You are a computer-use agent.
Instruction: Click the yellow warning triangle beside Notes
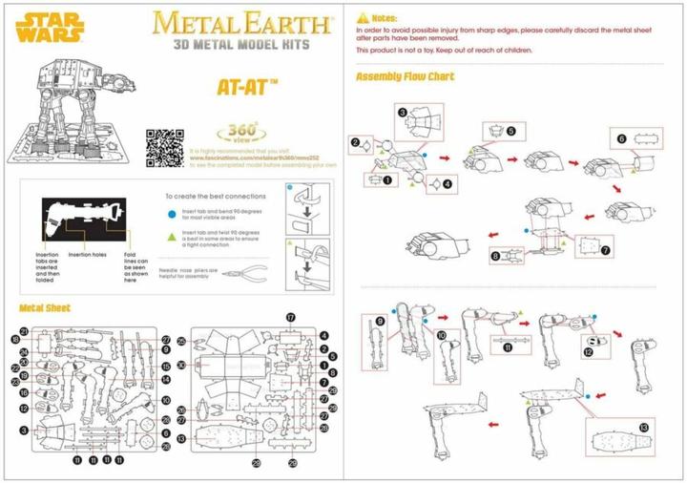click(x=362, y=18)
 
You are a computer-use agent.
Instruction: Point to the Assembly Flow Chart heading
click(x=405, y=76)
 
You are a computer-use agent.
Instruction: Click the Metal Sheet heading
click(x=45, y=308)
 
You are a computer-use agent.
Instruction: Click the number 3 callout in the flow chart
click(x=404, y=113)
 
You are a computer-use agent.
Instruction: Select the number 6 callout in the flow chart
click(x=621, y=138)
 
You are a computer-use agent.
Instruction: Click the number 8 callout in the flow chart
click(x=495, y=256)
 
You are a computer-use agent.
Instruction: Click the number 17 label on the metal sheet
click(x=291, y=317)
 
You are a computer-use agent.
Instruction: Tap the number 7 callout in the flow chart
click(x=605, y=250)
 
